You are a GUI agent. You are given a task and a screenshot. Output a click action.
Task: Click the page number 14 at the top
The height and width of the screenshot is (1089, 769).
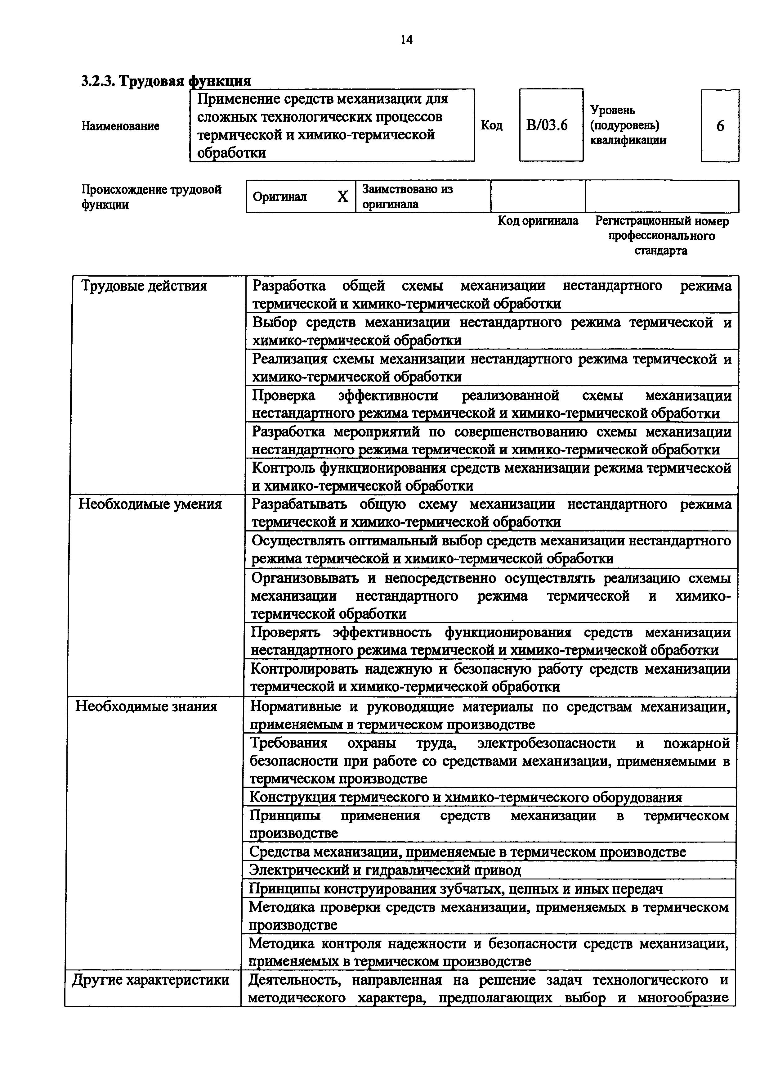406,40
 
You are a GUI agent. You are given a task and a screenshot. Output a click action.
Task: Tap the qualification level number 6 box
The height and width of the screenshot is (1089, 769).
720,126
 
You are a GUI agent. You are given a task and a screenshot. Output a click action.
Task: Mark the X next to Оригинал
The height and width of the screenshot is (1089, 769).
342,197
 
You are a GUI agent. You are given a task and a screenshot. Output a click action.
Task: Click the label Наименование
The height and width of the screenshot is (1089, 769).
120,126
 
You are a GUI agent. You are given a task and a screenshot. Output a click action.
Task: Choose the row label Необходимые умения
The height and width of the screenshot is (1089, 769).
150,504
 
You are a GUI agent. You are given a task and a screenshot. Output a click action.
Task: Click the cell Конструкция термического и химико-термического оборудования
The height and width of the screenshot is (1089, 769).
465,797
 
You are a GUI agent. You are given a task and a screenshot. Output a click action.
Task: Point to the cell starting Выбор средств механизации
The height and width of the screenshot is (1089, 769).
491,331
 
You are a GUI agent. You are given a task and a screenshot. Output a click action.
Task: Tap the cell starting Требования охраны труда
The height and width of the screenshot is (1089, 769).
490,761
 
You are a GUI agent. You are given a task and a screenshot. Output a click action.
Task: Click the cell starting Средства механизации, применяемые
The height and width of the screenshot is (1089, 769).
467,852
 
